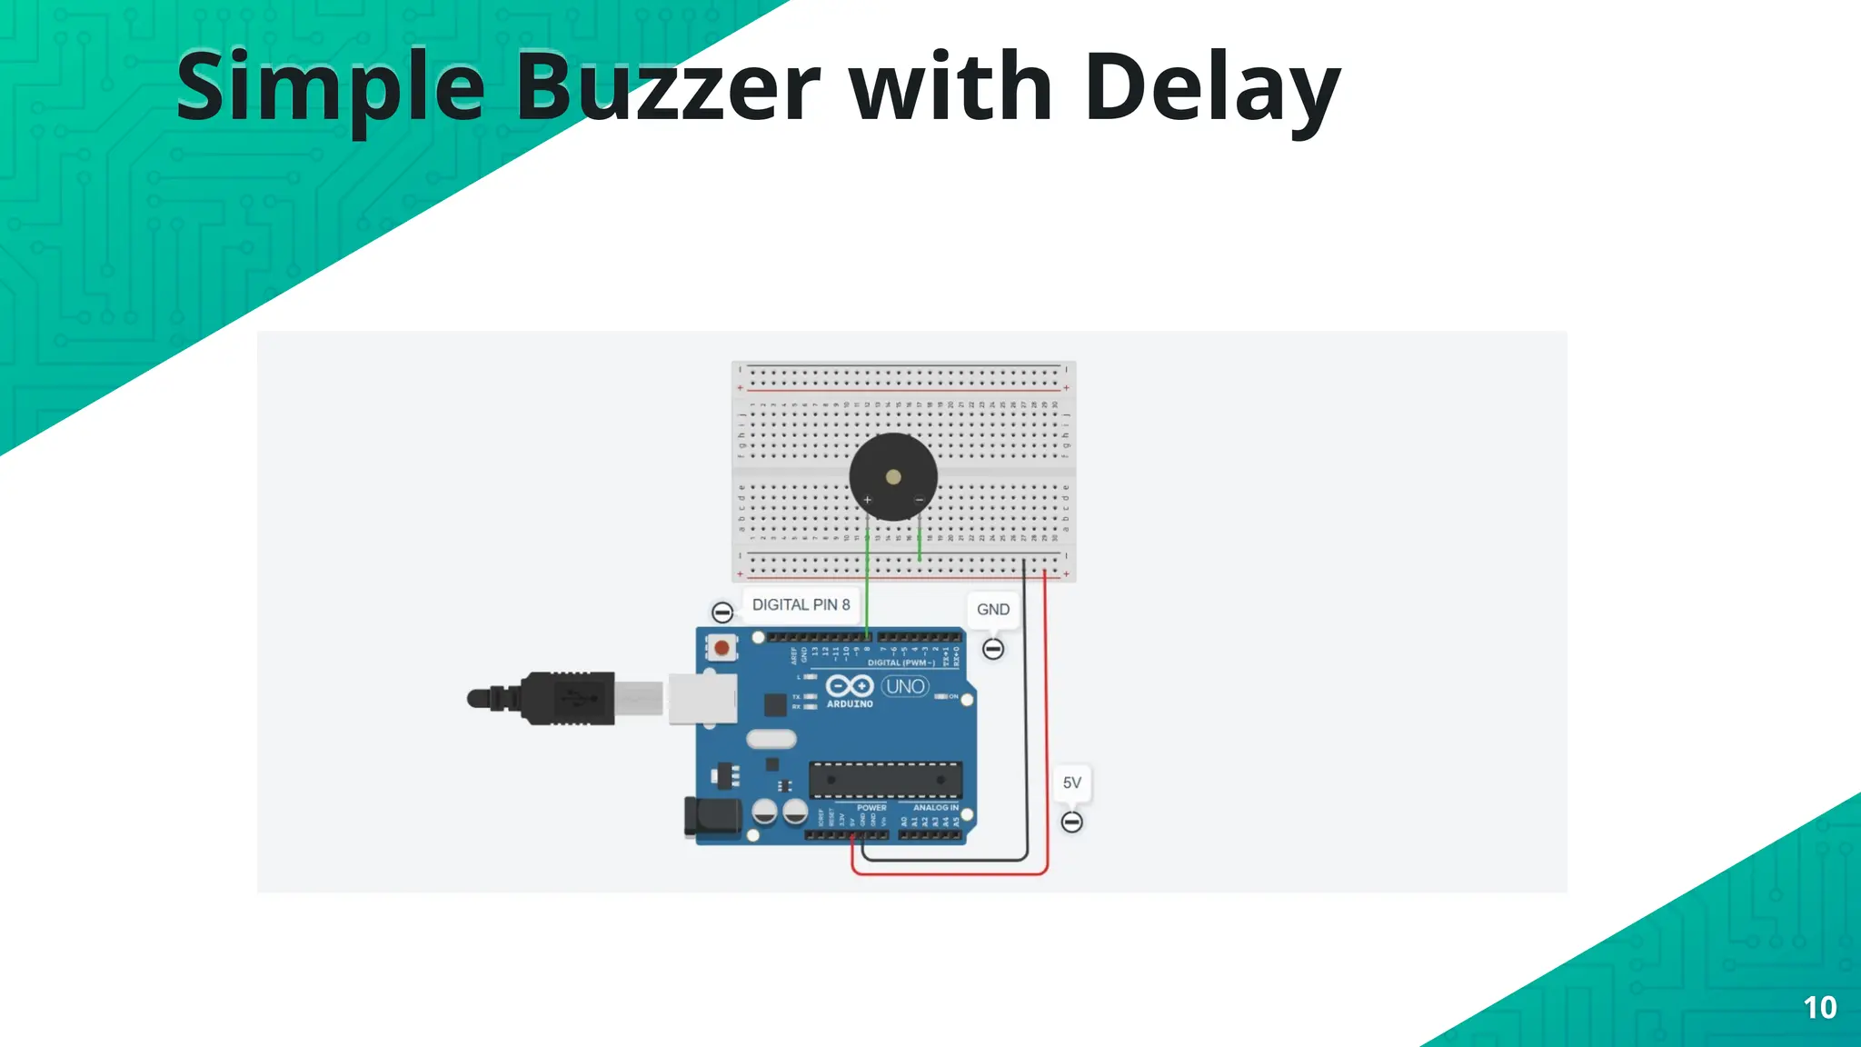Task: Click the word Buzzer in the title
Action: [668, 88]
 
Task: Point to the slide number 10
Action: [1819, 1007]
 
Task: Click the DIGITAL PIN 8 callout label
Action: [801, 604]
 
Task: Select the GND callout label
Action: [992, 609]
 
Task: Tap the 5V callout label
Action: [1071, 783]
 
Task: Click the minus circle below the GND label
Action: [993, 649]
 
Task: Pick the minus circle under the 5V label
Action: [1071, 823]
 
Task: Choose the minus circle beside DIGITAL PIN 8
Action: [722, 612]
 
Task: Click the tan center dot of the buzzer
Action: [893, 477]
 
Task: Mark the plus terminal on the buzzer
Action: [868, 500]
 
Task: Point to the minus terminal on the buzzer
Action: [919, 500]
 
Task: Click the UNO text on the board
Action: [905, 686]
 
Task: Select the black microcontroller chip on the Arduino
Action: [884, 779]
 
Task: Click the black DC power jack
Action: [711, 816]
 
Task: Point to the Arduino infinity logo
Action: [849, 686]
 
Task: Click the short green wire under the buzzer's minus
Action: [920, 542]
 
